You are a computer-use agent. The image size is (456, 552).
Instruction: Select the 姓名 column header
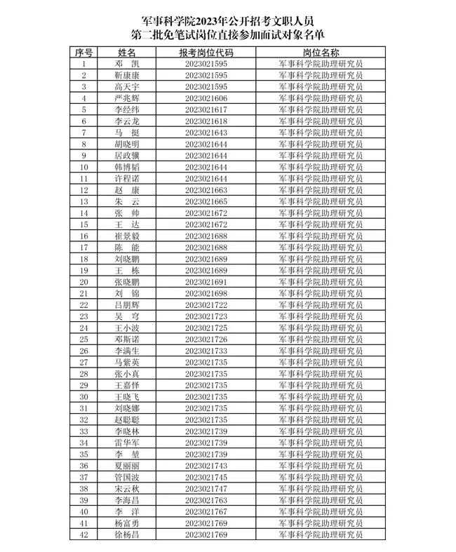coord(127,53)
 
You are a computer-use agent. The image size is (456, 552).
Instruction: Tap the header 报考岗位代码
coord(206,53)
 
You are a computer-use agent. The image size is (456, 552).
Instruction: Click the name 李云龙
coord(127,121)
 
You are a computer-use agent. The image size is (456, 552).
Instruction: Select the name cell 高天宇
coord(127,87)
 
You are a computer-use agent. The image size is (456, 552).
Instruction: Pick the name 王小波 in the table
coord(127,328)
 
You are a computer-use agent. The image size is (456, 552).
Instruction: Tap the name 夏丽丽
coord(127,466)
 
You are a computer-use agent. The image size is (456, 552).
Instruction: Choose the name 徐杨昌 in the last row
coord(127,534)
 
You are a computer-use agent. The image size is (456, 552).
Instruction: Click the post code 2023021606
coord(206,98)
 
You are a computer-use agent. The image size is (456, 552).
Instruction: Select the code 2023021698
coord(206,293)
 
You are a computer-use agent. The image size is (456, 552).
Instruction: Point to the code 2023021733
coord(206,351)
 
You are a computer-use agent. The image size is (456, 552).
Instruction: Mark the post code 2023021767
coord(206,511)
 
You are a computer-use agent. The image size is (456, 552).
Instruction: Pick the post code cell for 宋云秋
coord(206,488)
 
